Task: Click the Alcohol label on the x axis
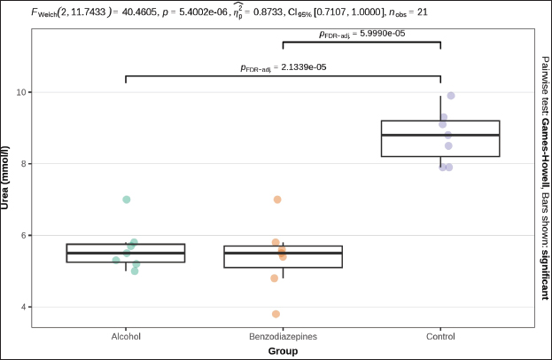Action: coord(126,336)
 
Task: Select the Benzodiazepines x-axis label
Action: coord(283,336)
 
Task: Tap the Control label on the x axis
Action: coord(440,336)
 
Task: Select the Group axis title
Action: coord(283,351)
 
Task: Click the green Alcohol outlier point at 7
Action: coord(127,200)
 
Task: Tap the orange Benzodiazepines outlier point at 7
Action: coord(277,200)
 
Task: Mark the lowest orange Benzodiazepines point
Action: coord(276,314)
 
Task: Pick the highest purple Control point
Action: coord(451,96)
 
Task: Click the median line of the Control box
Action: coord(440,135)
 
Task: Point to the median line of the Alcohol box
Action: coord(126,253)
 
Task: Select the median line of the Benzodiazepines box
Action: coord(283,253)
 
